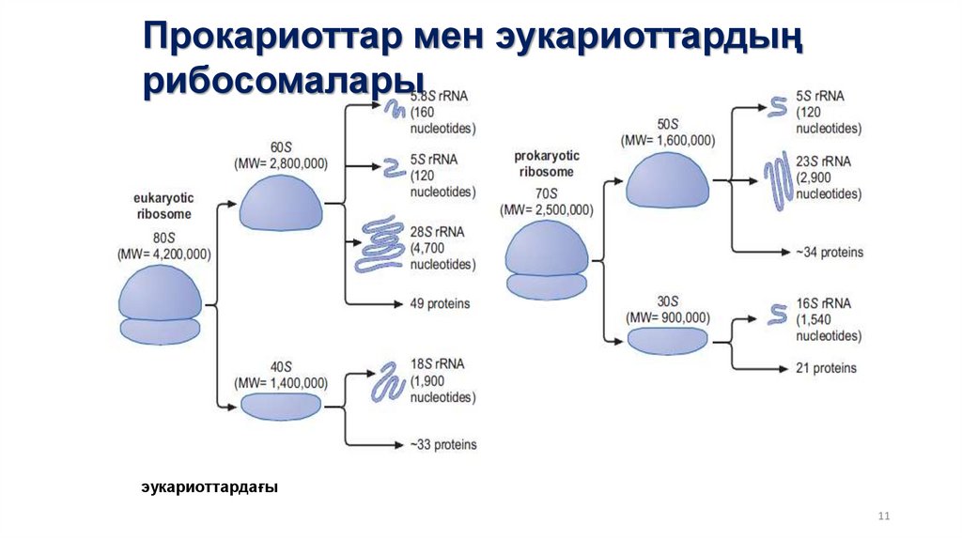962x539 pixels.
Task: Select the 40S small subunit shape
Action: point(281,406)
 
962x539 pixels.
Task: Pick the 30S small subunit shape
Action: point(667,340)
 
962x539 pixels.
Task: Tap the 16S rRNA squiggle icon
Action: point(777,313)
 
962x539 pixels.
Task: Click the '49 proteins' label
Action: point(440,304)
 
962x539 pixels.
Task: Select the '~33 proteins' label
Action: point(442,444)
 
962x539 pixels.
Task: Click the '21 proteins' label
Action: point(827,368)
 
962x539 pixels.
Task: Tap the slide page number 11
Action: point(882,516)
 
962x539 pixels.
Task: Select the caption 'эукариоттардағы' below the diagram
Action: point(209,487)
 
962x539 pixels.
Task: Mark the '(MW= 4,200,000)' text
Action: point(163,254)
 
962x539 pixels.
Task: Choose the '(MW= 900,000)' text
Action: point(668,316)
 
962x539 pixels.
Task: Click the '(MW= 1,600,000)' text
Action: point(668,140)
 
